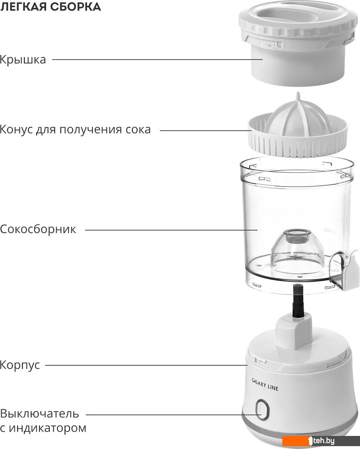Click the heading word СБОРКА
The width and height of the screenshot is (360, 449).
point(76,6)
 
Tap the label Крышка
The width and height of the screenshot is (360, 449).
point(23,60)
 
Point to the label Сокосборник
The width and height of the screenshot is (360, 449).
point(38,229)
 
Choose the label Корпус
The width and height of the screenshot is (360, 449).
point(20,365)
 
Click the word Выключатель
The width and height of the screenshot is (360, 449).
point(40,414)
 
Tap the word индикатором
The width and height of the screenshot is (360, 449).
point(47,428)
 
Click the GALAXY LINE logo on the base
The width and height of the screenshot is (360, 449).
point(265,384)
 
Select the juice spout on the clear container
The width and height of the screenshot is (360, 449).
point(344,270)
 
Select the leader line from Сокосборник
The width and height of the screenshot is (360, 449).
point(171,230)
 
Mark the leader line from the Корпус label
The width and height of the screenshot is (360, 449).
point(146,365)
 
